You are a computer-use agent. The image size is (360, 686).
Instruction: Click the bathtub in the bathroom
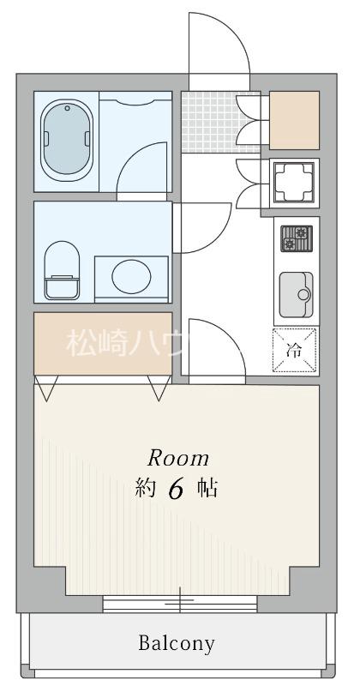(x=66, y=141)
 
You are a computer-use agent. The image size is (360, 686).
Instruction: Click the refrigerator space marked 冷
(x=296, y=350)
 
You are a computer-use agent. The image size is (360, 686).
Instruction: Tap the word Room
(x=178, y=457)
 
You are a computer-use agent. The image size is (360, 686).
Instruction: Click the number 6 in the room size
(x=177, y=490)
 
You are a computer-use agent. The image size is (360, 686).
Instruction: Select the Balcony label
(x=178, y=642)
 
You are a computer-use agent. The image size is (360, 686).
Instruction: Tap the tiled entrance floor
(x=209, y=119)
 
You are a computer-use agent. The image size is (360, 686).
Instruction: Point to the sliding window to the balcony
(x=180, y=603)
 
